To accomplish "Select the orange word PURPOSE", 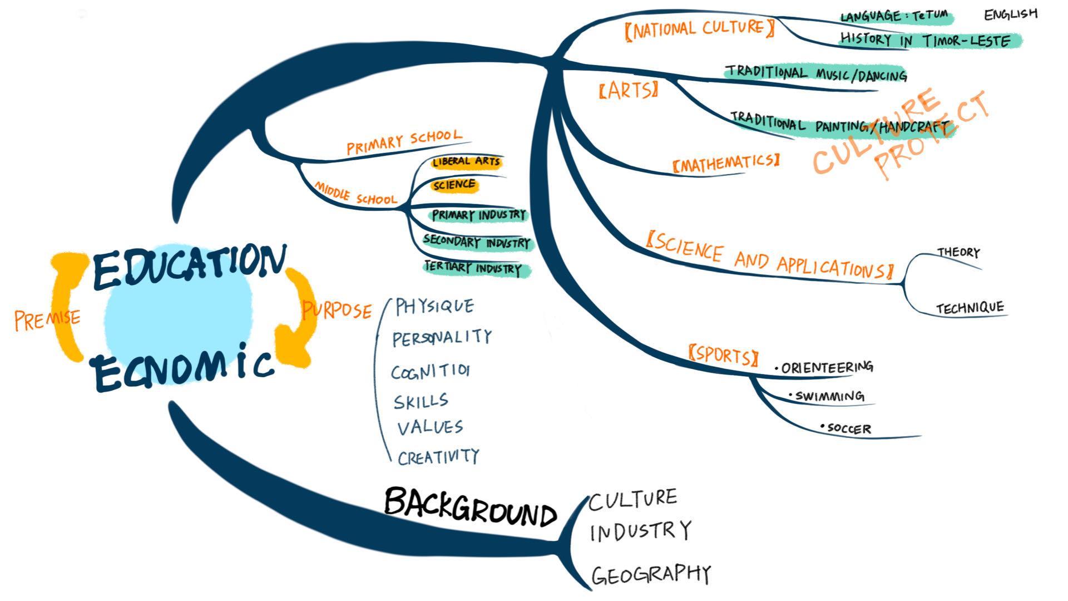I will click(337, 310).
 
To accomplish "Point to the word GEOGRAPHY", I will click(651, 575).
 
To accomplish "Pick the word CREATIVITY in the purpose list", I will click(438, 457).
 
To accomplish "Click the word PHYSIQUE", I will click(434, 306).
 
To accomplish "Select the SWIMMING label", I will click(829, 396).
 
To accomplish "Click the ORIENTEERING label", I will click(827, 368).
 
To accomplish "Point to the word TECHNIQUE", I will click(970, 308).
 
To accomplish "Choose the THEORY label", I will click(958, 252).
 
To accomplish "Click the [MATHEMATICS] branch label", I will click(726, 163).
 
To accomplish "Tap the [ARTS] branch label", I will click(629, 90).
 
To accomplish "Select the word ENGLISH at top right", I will click(1011, 14).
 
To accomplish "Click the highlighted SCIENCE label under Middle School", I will click(454, 185).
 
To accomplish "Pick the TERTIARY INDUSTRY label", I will click(473, 268).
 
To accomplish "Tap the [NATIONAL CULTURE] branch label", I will click(699, 28).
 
